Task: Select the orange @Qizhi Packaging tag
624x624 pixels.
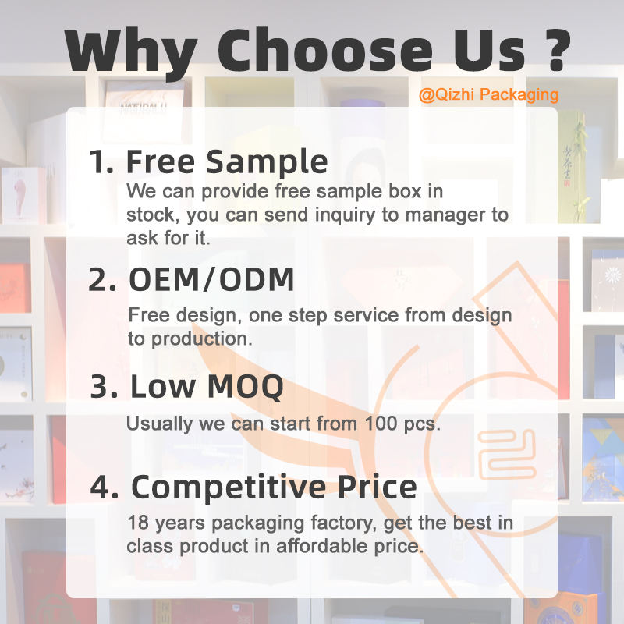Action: click(x=488, y=95)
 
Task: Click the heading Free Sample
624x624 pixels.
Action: click(x=227, y=162)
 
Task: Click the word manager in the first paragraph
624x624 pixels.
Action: click(x=445, y=215)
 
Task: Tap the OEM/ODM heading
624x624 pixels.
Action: click(x=211, y=279)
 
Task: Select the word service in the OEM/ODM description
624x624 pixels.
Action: click(x=366, y=315)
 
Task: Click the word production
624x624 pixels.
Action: click(x=202, y=339)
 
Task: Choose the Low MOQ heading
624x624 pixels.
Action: click(x=207, y=386)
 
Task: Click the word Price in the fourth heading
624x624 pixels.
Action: click(x=378, y=486)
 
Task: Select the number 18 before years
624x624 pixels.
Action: click(x=138, y=523)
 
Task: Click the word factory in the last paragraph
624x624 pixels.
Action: click(x=343, y=523)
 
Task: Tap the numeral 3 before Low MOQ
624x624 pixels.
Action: click(x=104, y=386)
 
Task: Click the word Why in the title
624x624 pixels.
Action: click(x=131, y=51)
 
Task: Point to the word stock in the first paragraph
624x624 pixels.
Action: click(x=151, y=215)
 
